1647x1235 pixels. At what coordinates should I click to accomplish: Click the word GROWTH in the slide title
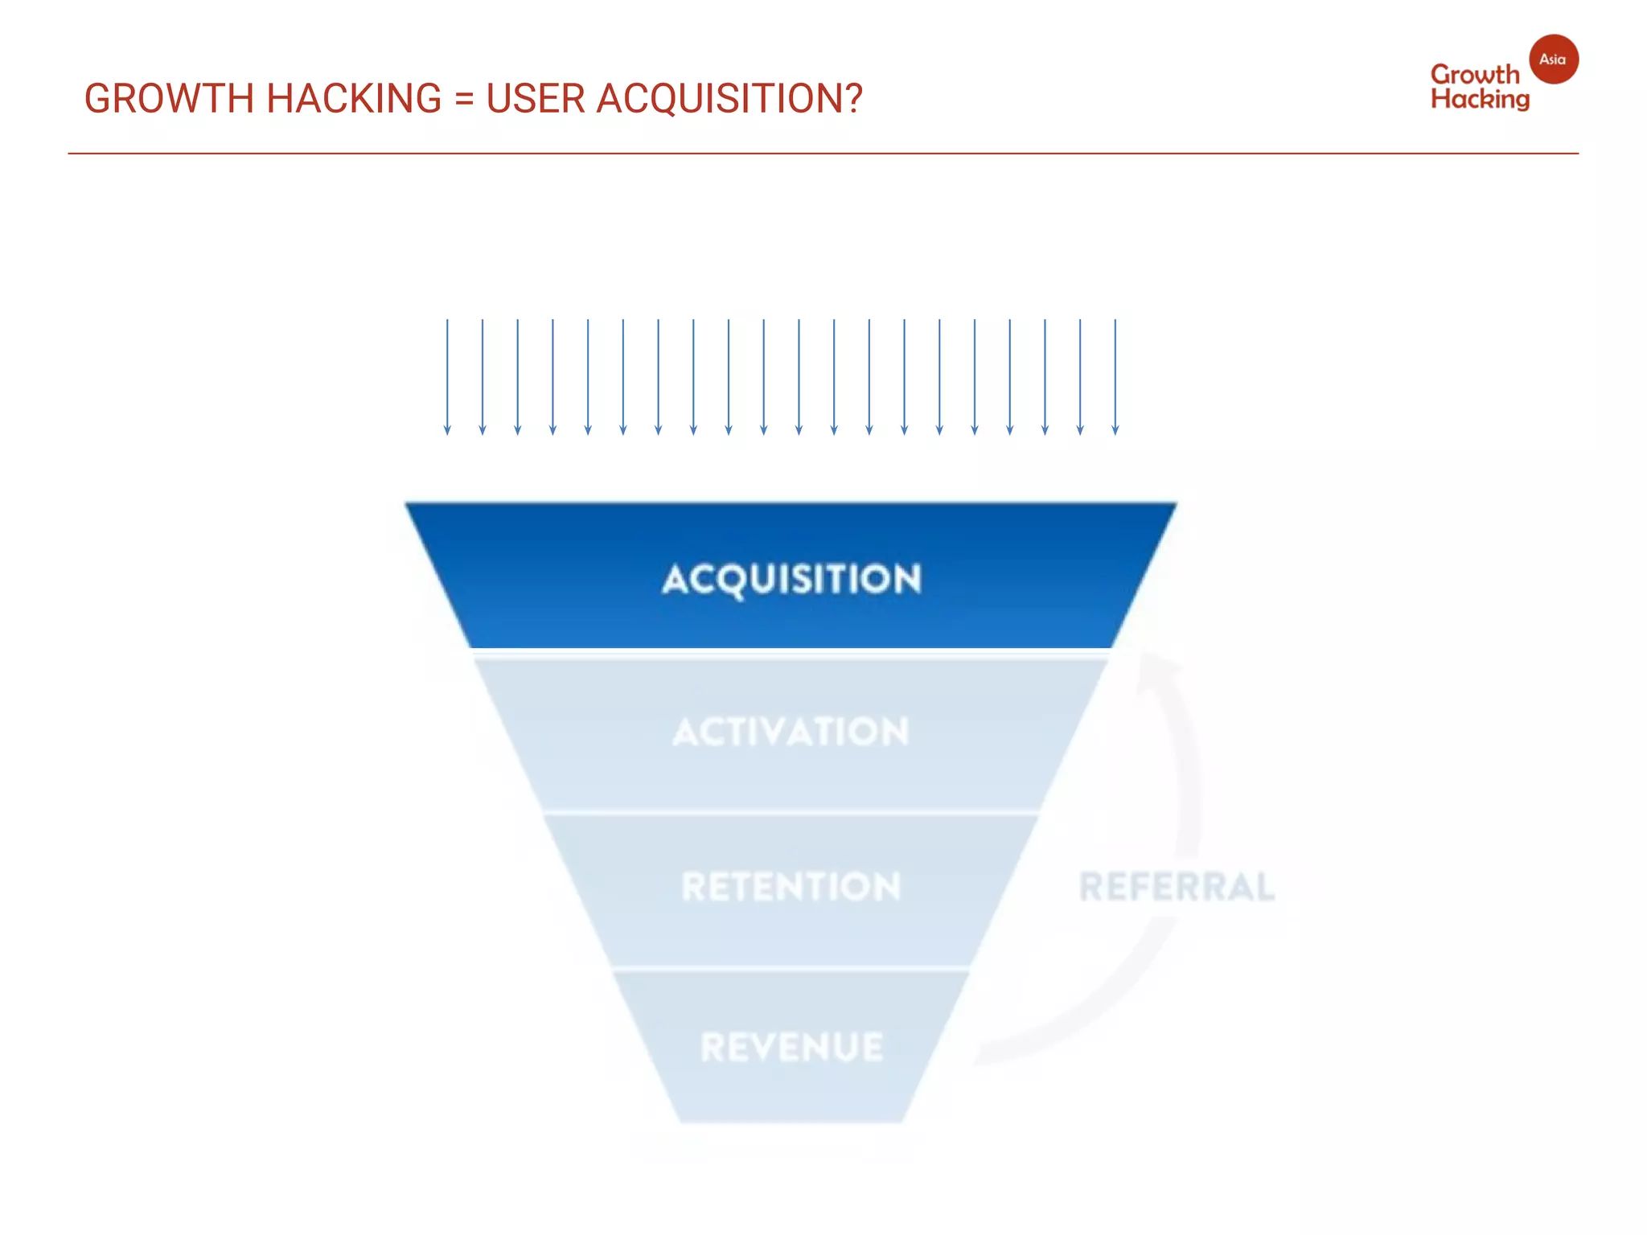tap(169, 99)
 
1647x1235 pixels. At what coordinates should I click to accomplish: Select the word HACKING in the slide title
tap(353, 99)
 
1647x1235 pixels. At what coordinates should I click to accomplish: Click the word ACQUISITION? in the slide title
tap(729, 99)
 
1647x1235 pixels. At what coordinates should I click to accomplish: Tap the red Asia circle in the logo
tap(1553, 59)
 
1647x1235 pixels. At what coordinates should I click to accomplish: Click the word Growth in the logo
tap(1475, 75)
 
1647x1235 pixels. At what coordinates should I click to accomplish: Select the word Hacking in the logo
tap(1480, 100)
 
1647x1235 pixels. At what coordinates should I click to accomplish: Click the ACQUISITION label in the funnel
tap(791, 579)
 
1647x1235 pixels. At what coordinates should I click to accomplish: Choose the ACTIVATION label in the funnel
tap(791, 732)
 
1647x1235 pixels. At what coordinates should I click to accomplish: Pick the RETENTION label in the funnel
tap(791, 886)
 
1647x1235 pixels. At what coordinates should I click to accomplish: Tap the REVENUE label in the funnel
tap(791, 1047)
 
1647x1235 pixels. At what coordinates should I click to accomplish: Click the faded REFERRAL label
tap(1177, 887)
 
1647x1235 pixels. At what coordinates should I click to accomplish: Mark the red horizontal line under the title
tap(823, 153)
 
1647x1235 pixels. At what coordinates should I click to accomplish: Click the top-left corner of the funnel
tap(407, 505)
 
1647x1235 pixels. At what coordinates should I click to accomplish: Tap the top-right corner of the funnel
tap(1175, 505)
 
